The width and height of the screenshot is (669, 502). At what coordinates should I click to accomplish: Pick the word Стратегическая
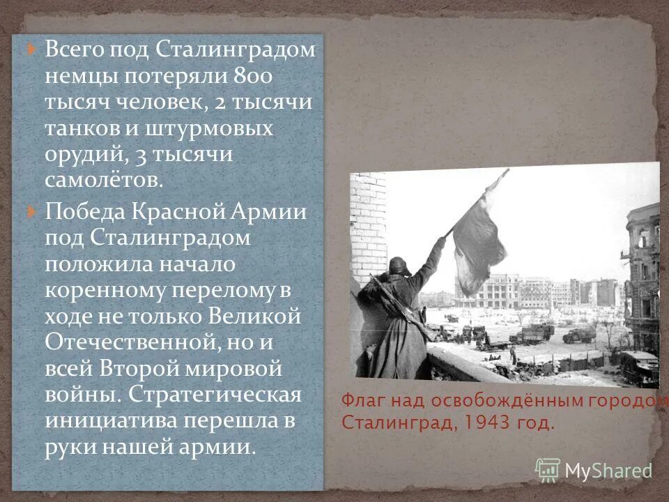coord(215,395)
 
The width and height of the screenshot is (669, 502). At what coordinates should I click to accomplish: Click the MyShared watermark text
coord(608,470)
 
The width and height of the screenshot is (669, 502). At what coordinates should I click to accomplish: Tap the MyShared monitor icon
coord(548,470)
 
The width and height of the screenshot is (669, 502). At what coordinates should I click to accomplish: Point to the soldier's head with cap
coord(399,266)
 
